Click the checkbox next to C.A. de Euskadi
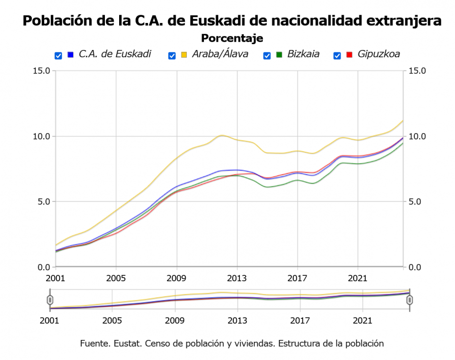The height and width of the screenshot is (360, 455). (58, 55)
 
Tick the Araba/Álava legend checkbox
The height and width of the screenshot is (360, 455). (172, 55)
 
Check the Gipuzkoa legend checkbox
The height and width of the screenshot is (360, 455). (337, 55)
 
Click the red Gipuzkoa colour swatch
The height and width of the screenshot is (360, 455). (350, 54)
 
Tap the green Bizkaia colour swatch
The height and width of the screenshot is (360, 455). (279, 54)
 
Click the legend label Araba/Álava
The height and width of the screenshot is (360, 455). (220, 54)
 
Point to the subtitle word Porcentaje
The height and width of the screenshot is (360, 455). (232, 38)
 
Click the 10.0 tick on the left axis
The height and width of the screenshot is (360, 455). (41, 136)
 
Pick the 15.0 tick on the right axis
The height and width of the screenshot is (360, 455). (417, 71)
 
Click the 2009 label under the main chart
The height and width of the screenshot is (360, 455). (176, 279)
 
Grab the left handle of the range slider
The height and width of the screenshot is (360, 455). (50, 299)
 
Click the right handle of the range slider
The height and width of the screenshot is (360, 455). (409, 299)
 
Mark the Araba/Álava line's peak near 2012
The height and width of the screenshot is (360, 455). (222, 135)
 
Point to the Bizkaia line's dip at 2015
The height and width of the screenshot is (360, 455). (267, 187)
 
